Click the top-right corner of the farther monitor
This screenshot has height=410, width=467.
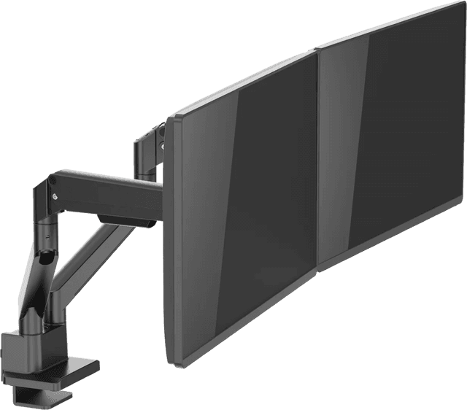pos(460,4)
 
